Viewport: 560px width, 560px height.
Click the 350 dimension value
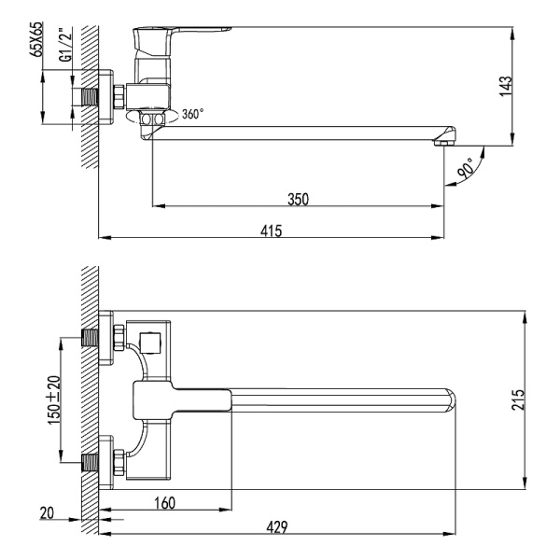(x=298, y=198)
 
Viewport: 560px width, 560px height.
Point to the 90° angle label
(x=467, y=168)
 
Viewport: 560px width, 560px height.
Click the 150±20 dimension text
(x=53, y=399)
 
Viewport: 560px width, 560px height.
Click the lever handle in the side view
(x=182, y=40)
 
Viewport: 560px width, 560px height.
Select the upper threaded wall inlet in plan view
(x=91, y=338)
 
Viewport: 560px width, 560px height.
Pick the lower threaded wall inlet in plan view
(x=91, y=460)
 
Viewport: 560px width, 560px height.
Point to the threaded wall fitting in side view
(x=91, y=97)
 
